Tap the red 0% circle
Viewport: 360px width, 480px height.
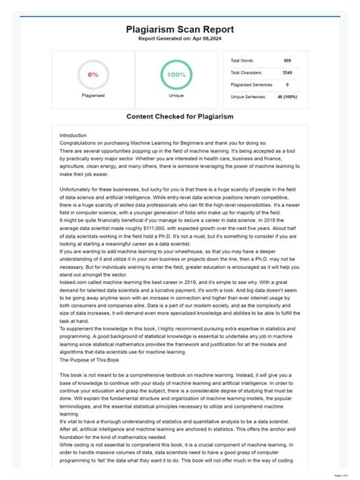[x=93, y=75]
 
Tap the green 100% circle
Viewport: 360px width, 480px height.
[x=176, y=74]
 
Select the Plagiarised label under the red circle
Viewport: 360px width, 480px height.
[x=93, y=96]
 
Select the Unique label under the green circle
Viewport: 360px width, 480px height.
[x=176, y=96]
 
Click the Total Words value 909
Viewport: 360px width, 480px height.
[x=286, y=60]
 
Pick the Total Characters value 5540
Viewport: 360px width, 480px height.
[x=286, y=72]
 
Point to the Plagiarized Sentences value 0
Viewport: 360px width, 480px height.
[x=286, y=84]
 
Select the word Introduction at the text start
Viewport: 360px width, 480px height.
[x=74, y=136]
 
